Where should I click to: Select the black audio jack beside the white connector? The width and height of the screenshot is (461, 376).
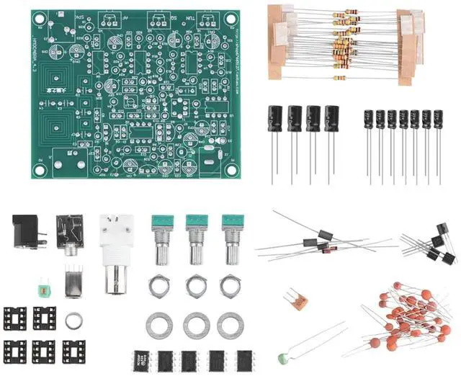(71, 234)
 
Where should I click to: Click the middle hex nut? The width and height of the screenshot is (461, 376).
(195, 287)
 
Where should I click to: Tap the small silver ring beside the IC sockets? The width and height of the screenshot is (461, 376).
(74, 321)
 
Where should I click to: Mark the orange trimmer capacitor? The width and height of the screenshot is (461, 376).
(291, 299)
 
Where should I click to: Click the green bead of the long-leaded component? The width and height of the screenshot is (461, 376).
(280, 357)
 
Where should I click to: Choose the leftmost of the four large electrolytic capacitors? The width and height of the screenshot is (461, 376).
(275, 118)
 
